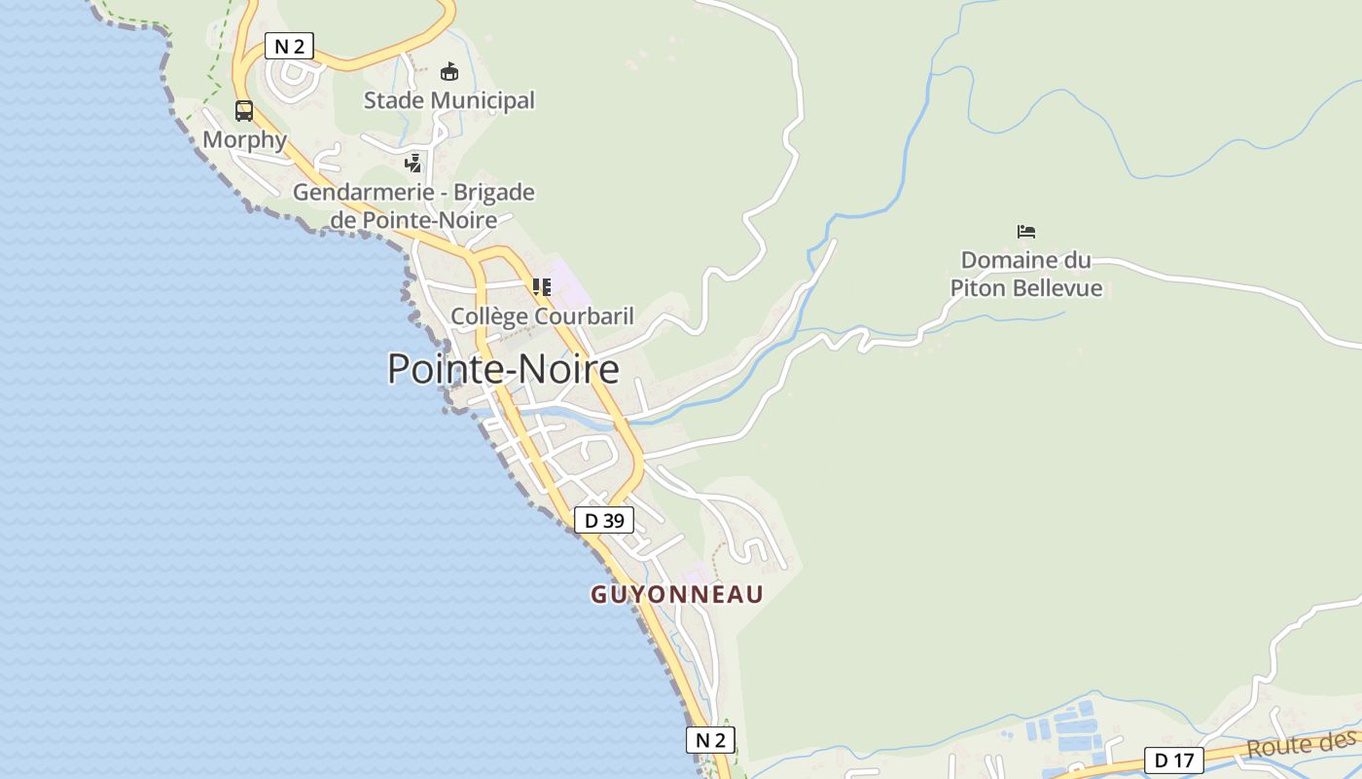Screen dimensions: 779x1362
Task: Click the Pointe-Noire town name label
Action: [x=503, y=370]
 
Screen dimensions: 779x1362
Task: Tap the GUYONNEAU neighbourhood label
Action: [x=677, y=594]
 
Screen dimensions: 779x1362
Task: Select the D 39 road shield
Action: [x=603, y=521]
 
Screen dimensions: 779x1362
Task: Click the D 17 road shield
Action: [x=1173, y=760]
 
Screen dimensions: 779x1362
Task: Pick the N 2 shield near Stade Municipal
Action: [x=289, y=46]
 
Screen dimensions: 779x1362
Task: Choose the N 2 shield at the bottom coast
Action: [x=710, y=740]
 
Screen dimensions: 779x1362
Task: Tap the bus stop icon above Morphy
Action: [x=243, y=111]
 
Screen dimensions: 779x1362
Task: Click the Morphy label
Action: [x=244, y=140]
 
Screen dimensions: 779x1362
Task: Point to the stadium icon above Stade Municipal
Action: [x=448, y=71]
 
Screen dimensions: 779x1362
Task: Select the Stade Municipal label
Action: [x=448, y=100]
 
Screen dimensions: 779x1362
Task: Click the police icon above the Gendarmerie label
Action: [x=413, y=163]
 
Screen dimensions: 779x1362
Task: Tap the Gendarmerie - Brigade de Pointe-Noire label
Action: [x=413, y=205]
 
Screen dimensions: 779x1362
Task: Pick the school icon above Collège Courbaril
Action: [x=542, y=287]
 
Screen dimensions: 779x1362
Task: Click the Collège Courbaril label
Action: [x=542, y=316]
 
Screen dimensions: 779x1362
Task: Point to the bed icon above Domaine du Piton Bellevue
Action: [x=1025, y=232]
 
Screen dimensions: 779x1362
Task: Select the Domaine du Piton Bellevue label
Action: [x=1025, y=274]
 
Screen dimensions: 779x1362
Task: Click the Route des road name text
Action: [x=1301, y=745]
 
